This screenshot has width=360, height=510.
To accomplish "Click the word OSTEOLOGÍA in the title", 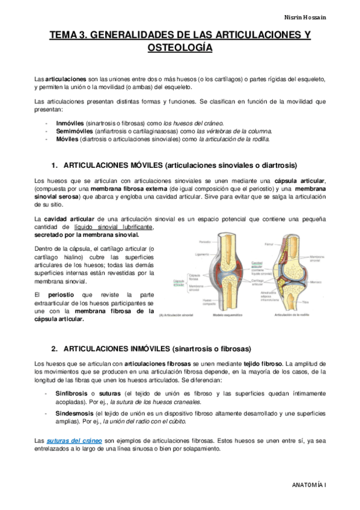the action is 180,48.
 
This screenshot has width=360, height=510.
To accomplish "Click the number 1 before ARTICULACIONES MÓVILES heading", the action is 54,165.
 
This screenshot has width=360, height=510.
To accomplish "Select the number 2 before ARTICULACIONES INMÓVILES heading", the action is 54,348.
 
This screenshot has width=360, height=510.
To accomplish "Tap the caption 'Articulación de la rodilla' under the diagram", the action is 292,314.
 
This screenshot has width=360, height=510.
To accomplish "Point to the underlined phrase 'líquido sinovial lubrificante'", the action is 114,227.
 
